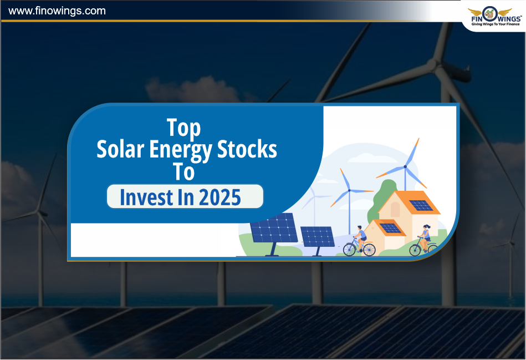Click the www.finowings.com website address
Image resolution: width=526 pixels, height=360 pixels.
[57, 11]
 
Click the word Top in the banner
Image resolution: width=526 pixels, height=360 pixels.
[184, 128]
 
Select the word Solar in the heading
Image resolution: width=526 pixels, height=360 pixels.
[120, 149]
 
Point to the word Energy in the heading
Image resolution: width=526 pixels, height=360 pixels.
[181, 150]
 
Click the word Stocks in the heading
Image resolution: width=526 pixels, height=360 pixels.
[247, 149]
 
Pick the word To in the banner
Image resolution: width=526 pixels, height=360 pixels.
[183, 171]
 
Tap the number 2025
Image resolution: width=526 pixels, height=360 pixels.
[219, 197]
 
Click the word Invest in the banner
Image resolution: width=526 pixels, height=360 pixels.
[146, 197]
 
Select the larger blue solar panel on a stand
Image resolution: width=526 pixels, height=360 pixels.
[274, 231]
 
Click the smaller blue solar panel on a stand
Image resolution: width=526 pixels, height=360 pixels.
[318, 239]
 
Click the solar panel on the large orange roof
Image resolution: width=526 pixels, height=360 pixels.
[421, 205]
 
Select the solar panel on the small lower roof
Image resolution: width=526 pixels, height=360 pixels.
[390, 228]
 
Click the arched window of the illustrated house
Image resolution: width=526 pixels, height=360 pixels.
[395, 209]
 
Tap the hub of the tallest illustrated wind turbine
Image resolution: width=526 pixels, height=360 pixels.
[405, 166]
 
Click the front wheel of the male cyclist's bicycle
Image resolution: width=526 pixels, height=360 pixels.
[369, 250]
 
